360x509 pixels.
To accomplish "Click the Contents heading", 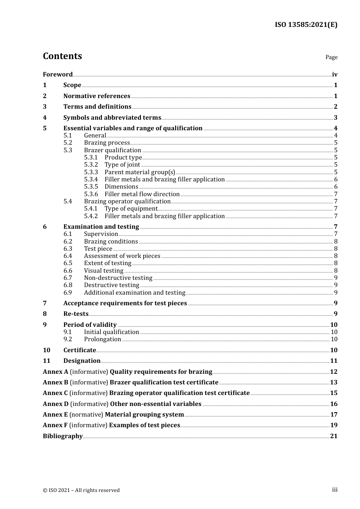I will (62, 56).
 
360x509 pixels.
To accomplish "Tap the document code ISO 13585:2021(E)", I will (306, 25).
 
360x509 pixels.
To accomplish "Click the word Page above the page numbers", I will (331, 57).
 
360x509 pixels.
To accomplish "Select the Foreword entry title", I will (58, 75).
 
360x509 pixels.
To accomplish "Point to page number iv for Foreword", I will (335, 75).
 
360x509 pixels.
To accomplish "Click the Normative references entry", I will (97, 96).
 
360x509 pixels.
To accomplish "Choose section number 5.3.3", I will (91, 172).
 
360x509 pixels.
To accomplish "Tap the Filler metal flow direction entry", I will (142, 194).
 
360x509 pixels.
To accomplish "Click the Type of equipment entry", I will (131, 209).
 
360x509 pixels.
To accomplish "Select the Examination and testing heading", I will (101, 227).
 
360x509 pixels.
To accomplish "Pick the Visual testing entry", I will (103, 271).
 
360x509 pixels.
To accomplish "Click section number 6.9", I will (68, 293).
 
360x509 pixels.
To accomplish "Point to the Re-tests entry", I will (76, 314).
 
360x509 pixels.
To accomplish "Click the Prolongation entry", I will (102, 339).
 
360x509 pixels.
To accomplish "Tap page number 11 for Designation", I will (333, 361).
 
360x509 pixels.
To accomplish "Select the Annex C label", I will (55, 393).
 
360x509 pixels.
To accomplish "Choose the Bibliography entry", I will (63, 436).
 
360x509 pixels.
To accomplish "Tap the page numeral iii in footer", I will (335, 490).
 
